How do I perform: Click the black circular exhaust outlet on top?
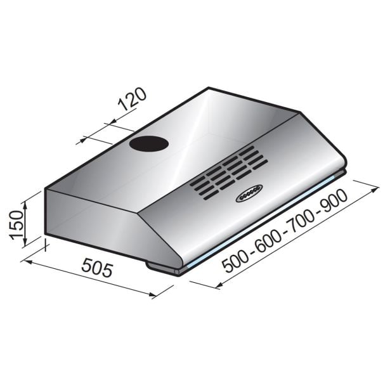coord(149,144)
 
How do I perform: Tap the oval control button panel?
coord(249,193)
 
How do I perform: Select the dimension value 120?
coord(131,101)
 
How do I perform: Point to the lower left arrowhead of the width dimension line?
coord(219,286)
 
